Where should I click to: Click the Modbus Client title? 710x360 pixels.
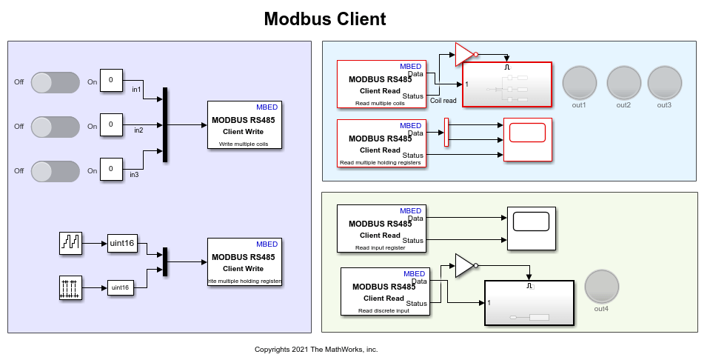click(325, 19)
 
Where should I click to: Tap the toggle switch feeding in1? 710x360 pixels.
click(56, 82)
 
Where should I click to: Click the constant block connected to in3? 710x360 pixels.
click(111, 169)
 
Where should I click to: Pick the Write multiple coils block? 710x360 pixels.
click(244, 124)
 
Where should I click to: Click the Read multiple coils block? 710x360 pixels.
click(381, 83)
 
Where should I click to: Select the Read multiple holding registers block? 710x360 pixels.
click(381, 142)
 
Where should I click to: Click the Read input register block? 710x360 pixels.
click(381, 228)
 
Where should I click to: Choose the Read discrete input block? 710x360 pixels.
click(384, 291)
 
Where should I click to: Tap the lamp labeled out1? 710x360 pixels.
click(579, 82)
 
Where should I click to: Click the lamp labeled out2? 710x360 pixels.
click(623, 82)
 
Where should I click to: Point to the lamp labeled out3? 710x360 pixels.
click(664, 82)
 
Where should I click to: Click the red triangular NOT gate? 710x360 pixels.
click(464, 53)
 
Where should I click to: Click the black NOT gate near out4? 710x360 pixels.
click(464, 265)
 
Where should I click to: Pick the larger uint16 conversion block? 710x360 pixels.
click(122, 242)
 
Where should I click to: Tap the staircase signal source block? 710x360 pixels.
click(71, 242)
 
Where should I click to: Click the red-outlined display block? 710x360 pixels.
click(527, 139)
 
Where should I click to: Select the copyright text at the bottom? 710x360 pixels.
click(316, 349)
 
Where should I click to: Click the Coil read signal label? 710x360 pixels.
click(443, 100)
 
